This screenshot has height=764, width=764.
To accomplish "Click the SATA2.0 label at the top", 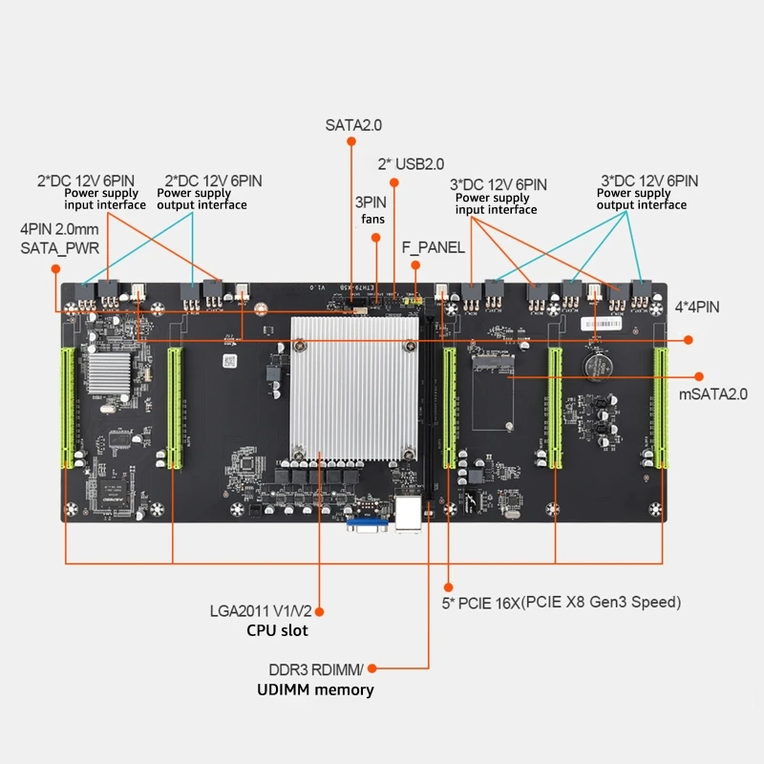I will point(352,125).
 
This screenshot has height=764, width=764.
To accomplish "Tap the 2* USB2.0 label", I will point(411,164).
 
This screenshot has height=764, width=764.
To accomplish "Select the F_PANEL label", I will point(434,247).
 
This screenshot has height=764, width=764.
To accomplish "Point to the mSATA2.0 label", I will point(711,393).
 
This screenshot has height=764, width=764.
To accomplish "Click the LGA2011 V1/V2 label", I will point(260,611).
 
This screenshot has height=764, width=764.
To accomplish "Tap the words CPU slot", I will point(277,630).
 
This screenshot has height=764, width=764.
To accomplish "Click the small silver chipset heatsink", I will point(108,372).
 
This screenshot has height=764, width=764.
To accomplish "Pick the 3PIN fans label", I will point(371,211).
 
